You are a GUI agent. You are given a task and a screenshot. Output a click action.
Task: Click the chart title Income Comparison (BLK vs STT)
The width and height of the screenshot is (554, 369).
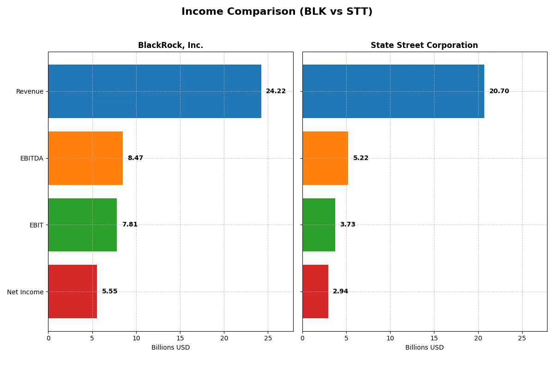coord(277,12)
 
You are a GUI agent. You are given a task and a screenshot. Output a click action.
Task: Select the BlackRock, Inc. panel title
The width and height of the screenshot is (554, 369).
coord(170,45)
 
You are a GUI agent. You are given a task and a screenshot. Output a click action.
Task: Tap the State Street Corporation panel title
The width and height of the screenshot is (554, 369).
coord(424,45)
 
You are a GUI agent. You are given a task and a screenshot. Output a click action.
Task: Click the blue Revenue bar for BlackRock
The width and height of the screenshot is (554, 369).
coord(155,91)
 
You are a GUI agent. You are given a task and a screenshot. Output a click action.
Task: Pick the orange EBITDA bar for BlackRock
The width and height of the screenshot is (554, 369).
coord(85,158)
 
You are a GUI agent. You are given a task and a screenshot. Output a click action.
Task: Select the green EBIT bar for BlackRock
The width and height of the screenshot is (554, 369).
coord(83,225)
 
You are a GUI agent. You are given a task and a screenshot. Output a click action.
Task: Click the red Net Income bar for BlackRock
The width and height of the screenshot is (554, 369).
coord(72,292)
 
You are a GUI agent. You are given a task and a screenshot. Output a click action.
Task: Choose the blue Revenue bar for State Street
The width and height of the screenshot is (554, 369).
coord(393,91)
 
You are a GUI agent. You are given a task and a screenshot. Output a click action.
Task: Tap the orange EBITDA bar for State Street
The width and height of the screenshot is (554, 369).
coord(325,158)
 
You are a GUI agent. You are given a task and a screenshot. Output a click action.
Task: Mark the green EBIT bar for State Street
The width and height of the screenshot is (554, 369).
coord(319,225)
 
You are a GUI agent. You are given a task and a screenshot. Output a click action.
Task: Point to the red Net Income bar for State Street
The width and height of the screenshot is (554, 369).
coord(315,292)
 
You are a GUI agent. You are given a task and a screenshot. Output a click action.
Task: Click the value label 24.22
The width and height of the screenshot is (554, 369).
coord(276,91)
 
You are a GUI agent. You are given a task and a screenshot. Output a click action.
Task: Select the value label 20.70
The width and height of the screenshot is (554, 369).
coord(499,91)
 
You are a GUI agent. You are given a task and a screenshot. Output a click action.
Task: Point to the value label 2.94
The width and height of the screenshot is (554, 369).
coord(340,292)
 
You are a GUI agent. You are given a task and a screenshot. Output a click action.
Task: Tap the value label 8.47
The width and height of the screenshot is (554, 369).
coord(135,158)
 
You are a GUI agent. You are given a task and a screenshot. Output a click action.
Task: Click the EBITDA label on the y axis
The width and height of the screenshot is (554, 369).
coord(31,158)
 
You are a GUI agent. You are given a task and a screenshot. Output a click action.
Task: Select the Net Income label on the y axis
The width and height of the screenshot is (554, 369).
coord(25,292)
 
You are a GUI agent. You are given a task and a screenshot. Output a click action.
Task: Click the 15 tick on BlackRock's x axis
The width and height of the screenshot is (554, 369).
coord(180,338)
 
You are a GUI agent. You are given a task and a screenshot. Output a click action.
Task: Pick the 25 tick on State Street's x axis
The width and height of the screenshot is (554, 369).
coord(522,338)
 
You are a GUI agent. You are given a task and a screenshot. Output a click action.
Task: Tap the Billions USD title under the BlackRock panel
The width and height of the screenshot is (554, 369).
coord(170,348)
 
